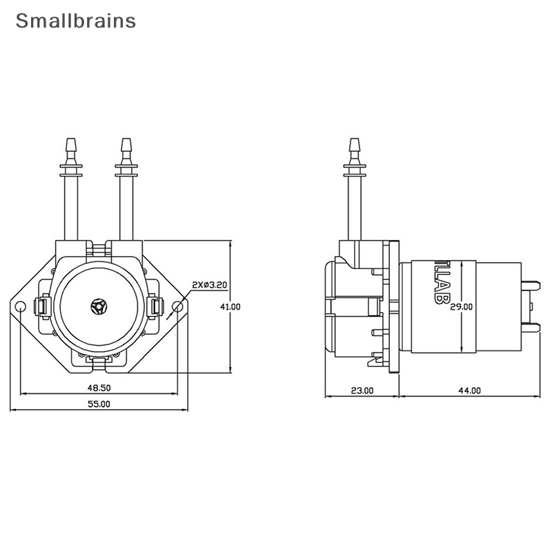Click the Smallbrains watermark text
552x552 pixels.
[x=76, y=21]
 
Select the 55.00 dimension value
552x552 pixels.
[x=99, y=404]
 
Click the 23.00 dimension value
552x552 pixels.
[x=362, y=391]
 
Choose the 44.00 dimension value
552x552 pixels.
[x=469, y=391]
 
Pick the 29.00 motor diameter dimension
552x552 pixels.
[x=462, y=307]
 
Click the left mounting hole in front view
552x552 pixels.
[x=21, y=306]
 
